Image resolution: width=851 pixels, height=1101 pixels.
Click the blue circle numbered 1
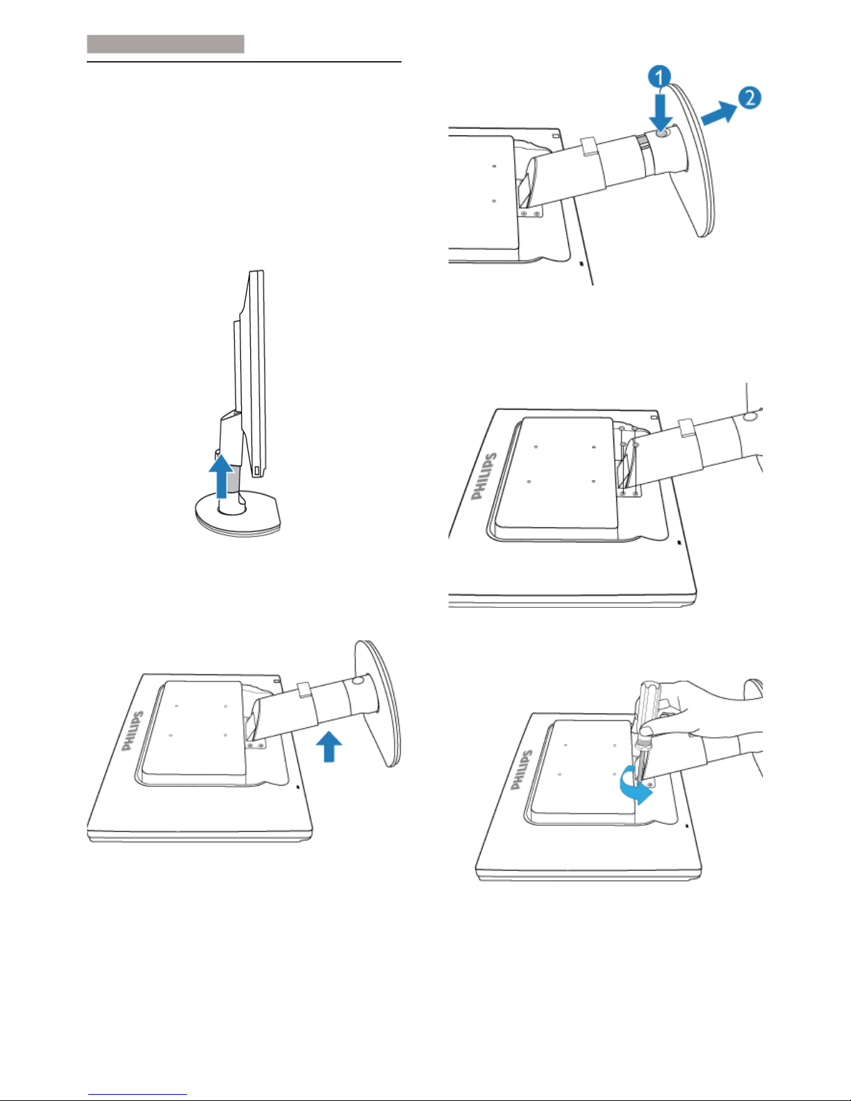659,78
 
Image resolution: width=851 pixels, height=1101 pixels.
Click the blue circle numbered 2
750,98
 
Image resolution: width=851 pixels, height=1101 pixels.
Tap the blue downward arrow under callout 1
661,113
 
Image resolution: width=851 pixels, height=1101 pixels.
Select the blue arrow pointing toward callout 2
719,112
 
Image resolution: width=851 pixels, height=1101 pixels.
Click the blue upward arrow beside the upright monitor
222,476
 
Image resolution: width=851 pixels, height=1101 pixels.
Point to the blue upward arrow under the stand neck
329,746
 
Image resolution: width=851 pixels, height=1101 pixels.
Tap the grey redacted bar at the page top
165,44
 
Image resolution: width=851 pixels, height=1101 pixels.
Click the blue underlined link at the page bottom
138,1094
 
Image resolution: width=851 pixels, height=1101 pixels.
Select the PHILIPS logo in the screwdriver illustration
522,770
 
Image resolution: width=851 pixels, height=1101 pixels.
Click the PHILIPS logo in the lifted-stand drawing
133,731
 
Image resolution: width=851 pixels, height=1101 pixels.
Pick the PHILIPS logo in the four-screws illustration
484,477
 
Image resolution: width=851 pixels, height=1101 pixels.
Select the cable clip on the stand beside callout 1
588,145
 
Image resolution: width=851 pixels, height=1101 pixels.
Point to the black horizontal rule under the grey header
244,62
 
